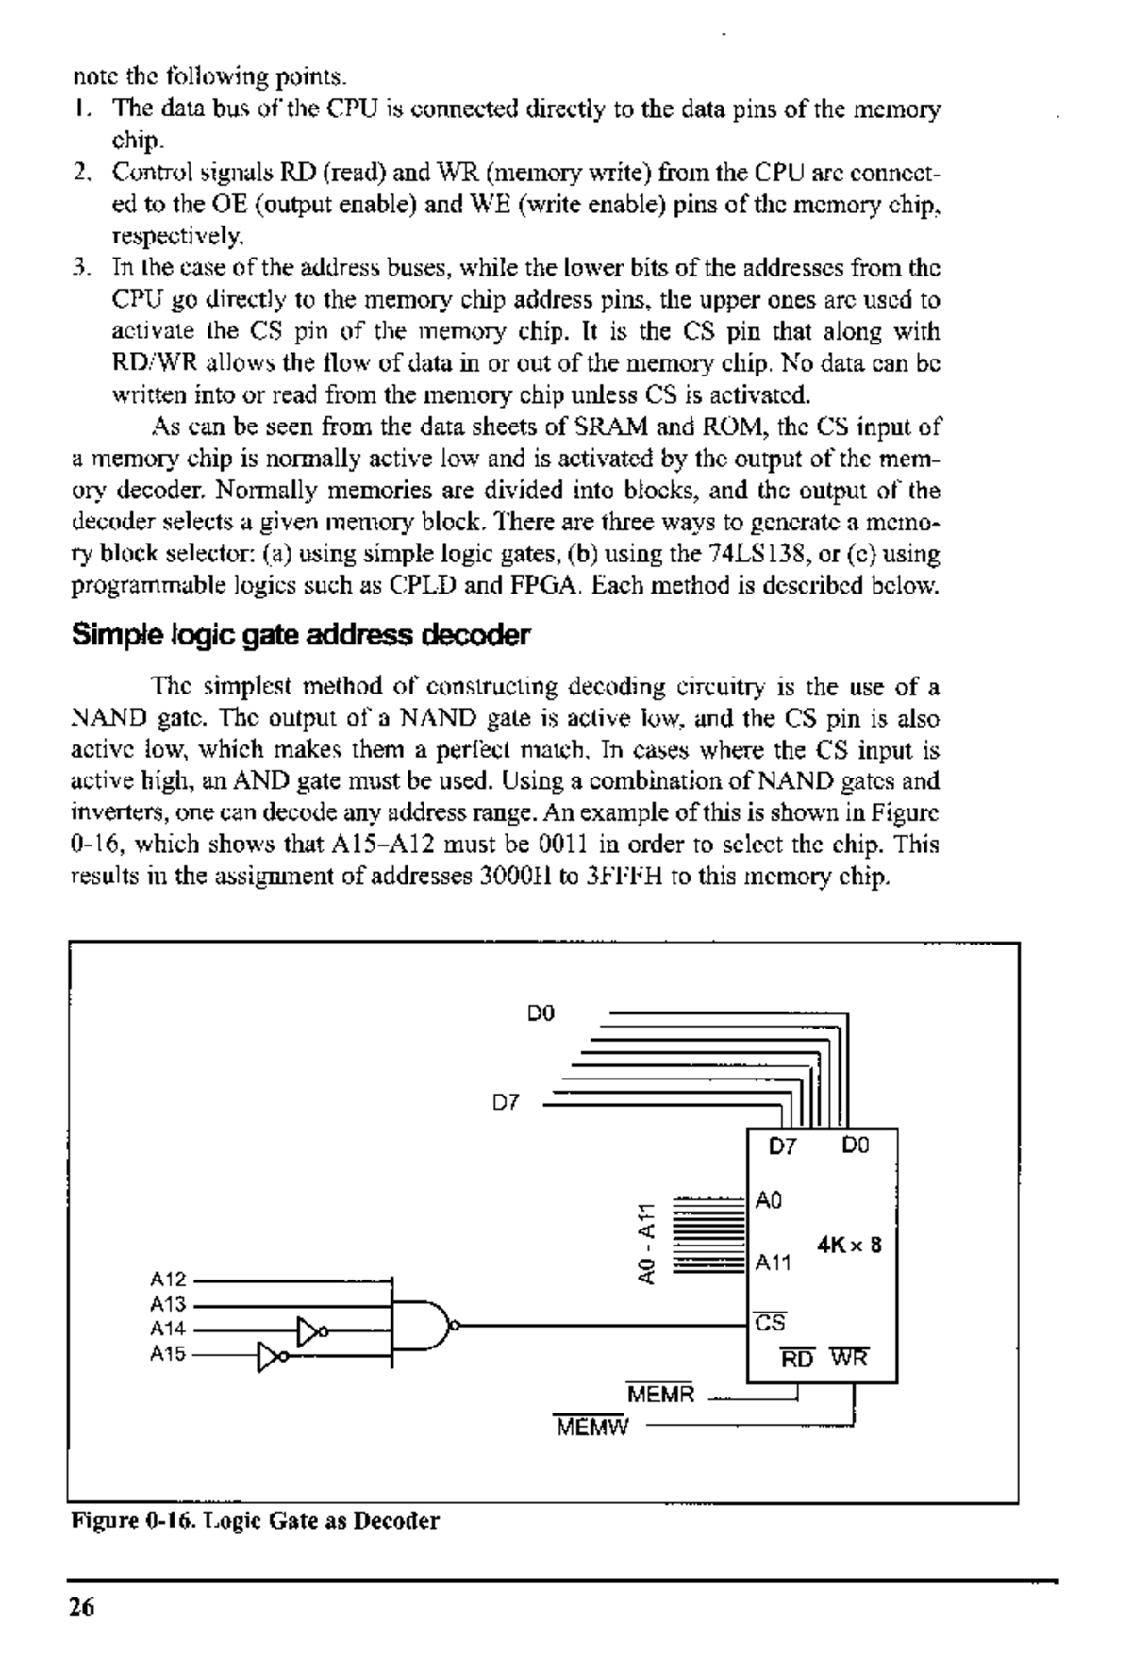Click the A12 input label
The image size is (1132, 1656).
point(169,1280)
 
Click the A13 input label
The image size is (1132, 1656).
point(169,1305)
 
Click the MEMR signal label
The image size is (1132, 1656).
point(659,1394)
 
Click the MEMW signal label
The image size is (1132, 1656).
point(591,1427)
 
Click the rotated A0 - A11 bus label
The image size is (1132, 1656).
point(645,1244)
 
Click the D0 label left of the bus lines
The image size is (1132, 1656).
point(541,1013)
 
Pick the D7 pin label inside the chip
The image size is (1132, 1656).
point(783,1146)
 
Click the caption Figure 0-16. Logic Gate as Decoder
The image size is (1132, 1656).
point(256,1521)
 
